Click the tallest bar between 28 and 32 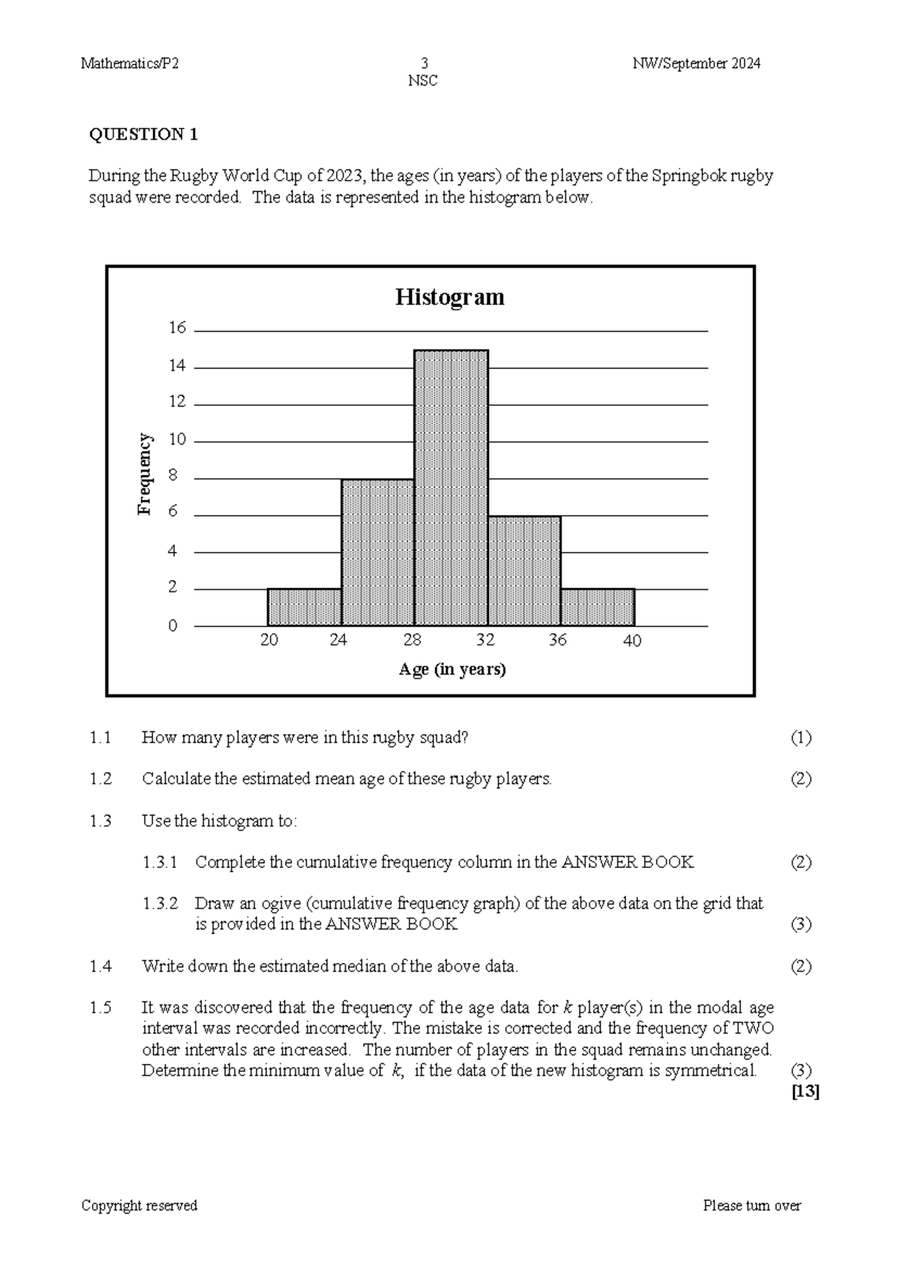tap(451, 487)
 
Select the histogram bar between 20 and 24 tap(304, 607)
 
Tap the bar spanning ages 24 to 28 tap(377, 553)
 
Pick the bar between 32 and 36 tap(524, 570)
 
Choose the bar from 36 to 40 tap(597, 607)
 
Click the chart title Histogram tap(449, 297)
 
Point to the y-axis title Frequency tap(144, 474)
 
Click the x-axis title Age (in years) tap(452, 669)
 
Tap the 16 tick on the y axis tap(177, 328)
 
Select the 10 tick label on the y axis tap(177, 440)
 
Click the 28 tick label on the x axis tap(412, 641)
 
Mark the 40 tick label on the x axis tap(632, 641)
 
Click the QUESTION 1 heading tap(144, 135)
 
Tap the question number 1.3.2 tap(160, 903)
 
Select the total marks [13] tap(805, 1092)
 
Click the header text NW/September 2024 tap(696, 64)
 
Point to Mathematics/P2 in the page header tap(129, 64)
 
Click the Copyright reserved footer tap(139, 1205)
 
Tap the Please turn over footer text tap(751, 1205)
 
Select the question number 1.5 tap(100, 1008)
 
